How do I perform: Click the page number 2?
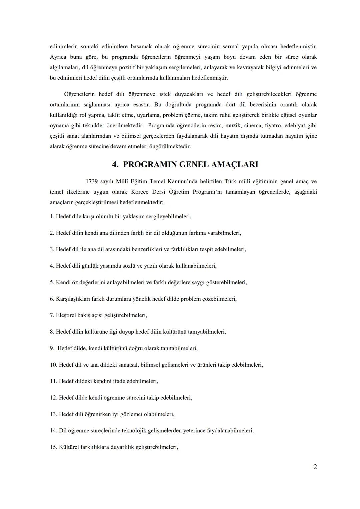tap(315, 467)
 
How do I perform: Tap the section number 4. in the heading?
tap(115, 165)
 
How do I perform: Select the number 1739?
tap(92, 182)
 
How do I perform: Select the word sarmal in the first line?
tap(230, 46)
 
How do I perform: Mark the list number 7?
tap(52, 315)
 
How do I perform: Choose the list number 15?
tap(54, 447)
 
